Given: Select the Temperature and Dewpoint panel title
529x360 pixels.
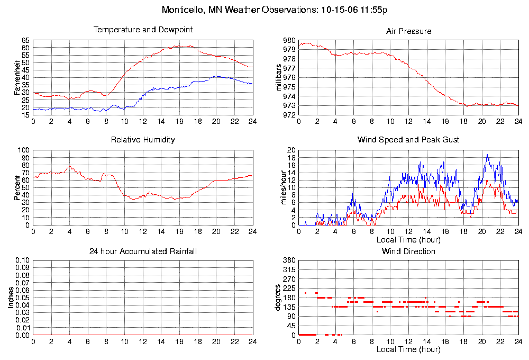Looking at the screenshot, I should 143,30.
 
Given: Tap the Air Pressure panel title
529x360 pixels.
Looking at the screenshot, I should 408,31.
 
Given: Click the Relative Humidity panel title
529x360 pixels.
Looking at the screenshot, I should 143,140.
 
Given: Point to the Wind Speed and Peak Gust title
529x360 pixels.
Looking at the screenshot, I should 408,140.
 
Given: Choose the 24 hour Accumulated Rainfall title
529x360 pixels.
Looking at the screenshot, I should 143,251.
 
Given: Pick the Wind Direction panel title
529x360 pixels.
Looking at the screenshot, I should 408,251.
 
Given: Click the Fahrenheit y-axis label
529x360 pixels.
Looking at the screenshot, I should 17,77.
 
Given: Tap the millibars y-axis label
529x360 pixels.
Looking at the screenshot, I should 280,77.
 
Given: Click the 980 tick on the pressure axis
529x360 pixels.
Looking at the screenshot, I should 289,41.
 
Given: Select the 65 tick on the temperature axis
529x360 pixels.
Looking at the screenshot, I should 25,41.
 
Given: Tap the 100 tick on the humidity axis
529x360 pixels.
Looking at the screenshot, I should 23,150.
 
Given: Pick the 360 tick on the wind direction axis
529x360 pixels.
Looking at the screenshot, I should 289,260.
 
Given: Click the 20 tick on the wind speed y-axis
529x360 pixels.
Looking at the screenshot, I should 291,150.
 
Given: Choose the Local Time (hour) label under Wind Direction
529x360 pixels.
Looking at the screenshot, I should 408,349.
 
